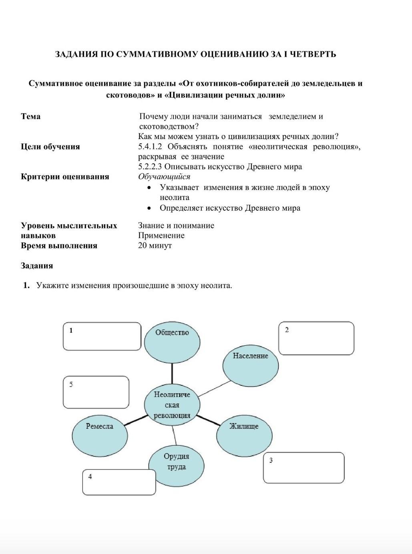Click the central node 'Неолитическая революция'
(x=172, y=405)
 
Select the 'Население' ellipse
(x=251, y=365)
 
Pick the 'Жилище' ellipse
(x=244, y=435)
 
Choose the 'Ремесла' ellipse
(x=100, y=435)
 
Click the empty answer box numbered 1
(x=102, y=336)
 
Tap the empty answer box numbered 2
(x=316, y=338)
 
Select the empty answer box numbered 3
(x=303, y=468)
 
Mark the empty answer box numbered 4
(x=119, y=482)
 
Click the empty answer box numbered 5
(x=96, y=392)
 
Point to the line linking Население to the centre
(x=214, y=389)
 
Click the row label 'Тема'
(x=30, y=117)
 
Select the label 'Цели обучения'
(x=50, y=147)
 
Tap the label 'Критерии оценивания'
(x=65, y=177)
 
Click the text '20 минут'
(x=155, y=246)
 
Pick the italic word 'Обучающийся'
(x=164, y=177)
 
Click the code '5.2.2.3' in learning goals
(x=150, y=167)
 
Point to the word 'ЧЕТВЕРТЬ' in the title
(x=313, y=54)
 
